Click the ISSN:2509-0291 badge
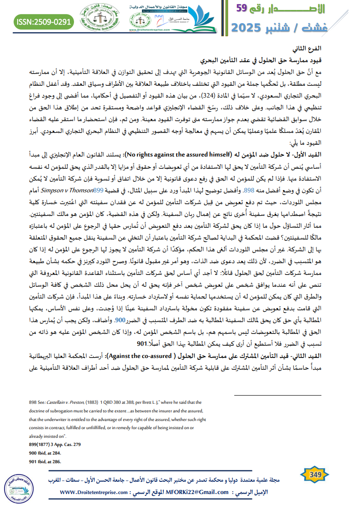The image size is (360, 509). point(44,21)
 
